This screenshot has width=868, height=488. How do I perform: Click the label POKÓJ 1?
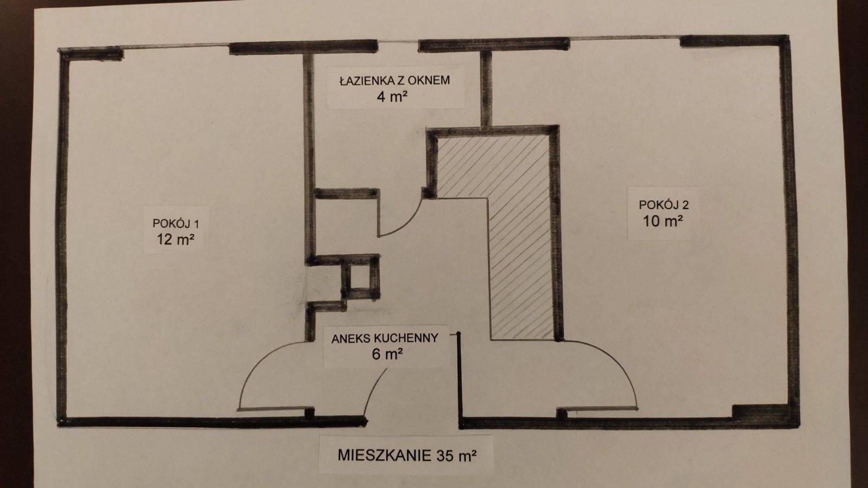(176, 223)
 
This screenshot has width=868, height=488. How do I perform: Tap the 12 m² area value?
(175, 240)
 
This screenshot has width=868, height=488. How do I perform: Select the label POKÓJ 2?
(664, 204)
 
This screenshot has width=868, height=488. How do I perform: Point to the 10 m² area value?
(663, 222)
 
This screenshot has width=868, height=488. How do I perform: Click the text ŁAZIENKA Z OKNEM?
(395, 80)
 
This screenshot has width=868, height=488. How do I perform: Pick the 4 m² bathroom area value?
(392, 97)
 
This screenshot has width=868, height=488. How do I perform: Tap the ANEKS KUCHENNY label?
(385, 338)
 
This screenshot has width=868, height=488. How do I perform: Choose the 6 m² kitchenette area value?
(386, 355)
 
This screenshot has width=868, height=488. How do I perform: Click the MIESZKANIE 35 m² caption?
(406, 455)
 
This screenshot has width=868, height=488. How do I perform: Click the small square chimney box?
(360, 277)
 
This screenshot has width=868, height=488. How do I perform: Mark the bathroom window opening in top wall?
(398, 41)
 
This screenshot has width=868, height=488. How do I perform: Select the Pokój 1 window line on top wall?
(176, 46)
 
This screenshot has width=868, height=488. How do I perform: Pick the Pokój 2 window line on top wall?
(624, 37)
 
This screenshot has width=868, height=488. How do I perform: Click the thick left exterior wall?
(62, 236)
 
